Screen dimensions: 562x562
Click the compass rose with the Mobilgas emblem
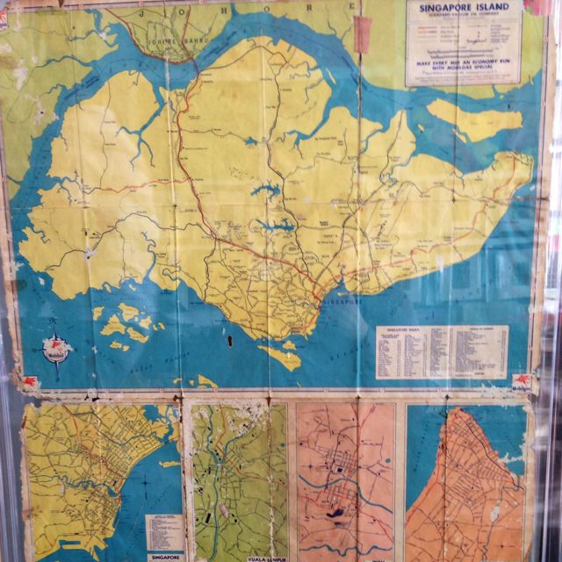click(54, 349)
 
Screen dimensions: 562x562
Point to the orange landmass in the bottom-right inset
click(470, 492)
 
